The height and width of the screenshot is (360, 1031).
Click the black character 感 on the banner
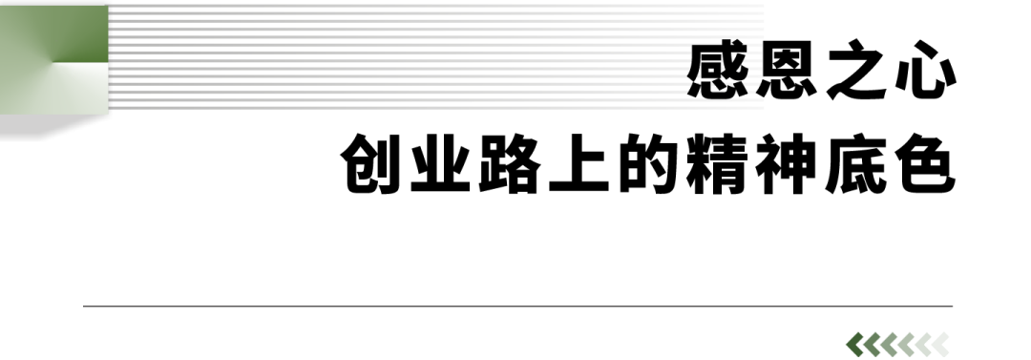(718, 72)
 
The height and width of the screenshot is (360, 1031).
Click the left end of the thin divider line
(85, 307)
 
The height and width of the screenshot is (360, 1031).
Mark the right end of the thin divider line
(952, 307)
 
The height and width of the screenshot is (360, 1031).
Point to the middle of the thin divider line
(518, 307)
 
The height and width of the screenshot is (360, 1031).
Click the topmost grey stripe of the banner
(439, 7)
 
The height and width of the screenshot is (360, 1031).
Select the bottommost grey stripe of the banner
(439, 107)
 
